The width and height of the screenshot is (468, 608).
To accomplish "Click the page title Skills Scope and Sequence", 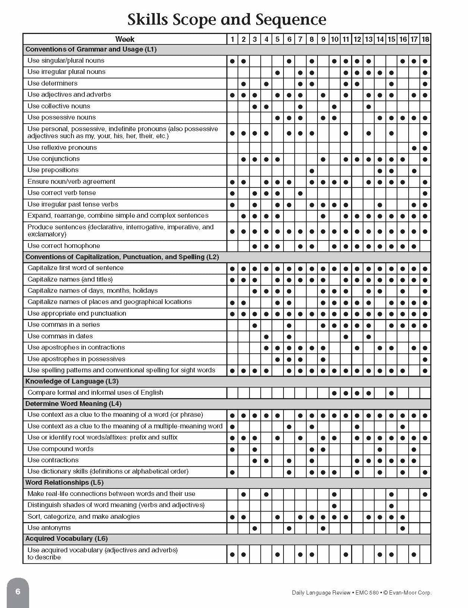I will (227, 19).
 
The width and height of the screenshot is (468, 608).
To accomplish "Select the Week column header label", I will (125, 39).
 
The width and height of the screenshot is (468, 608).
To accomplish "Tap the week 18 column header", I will (425, 39).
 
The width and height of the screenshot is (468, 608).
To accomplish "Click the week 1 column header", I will (232, 39).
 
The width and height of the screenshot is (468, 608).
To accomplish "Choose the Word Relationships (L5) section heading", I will (64, 483).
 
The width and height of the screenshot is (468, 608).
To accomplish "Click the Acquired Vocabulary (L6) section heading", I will (66, 539).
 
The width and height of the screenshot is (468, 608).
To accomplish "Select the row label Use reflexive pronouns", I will (62, 148).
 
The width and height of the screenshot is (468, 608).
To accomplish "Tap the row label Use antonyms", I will (49, 528).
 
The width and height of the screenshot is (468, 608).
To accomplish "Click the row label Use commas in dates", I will (60, 336).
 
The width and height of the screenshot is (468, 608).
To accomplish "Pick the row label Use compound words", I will (61, 449).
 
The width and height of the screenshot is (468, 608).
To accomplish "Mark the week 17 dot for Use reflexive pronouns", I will (414, 148).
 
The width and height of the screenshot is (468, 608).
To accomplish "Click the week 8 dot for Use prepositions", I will (312, 171).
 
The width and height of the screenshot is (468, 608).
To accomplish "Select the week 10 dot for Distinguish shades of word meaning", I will (334, 506).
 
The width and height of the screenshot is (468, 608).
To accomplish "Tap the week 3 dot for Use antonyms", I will (255, 528).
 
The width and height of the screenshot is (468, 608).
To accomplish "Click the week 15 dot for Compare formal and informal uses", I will (391, 393).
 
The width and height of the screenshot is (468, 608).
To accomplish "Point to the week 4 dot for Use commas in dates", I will (266, 337).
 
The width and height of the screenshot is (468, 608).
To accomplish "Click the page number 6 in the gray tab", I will (18, 592).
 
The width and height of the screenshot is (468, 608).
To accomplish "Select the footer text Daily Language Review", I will (321, 593).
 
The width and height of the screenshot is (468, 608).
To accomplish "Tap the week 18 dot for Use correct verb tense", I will (425, 193).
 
